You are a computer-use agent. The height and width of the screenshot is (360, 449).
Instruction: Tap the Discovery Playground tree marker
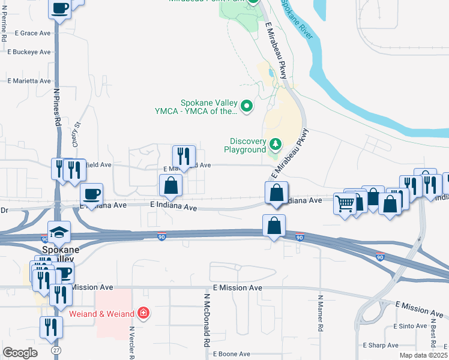(x=275, y=144)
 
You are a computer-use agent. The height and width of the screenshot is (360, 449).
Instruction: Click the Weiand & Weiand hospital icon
(x=143, y=313)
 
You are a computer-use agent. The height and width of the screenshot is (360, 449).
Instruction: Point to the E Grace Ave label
(x=33, y=33)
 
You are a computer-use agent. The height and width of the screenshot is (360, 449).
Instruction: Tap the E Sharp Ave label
(x=381, y=346)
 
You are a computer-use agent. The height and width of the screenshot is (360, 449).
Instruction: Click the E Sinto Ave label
(x=410, y=326)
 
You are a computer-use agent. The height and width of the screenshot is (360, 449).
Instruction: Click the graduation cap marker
(x=60, y=232)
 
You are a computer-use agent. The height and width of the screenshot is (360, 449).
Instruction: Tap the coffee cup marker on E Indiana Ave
(x=91, y=194)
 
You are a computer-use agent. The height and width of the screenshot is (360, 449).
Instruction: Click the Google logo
(x=20, y=352)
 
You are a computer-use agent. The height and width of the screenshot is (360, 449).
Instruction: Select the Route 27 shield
(x=56, y=349)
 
